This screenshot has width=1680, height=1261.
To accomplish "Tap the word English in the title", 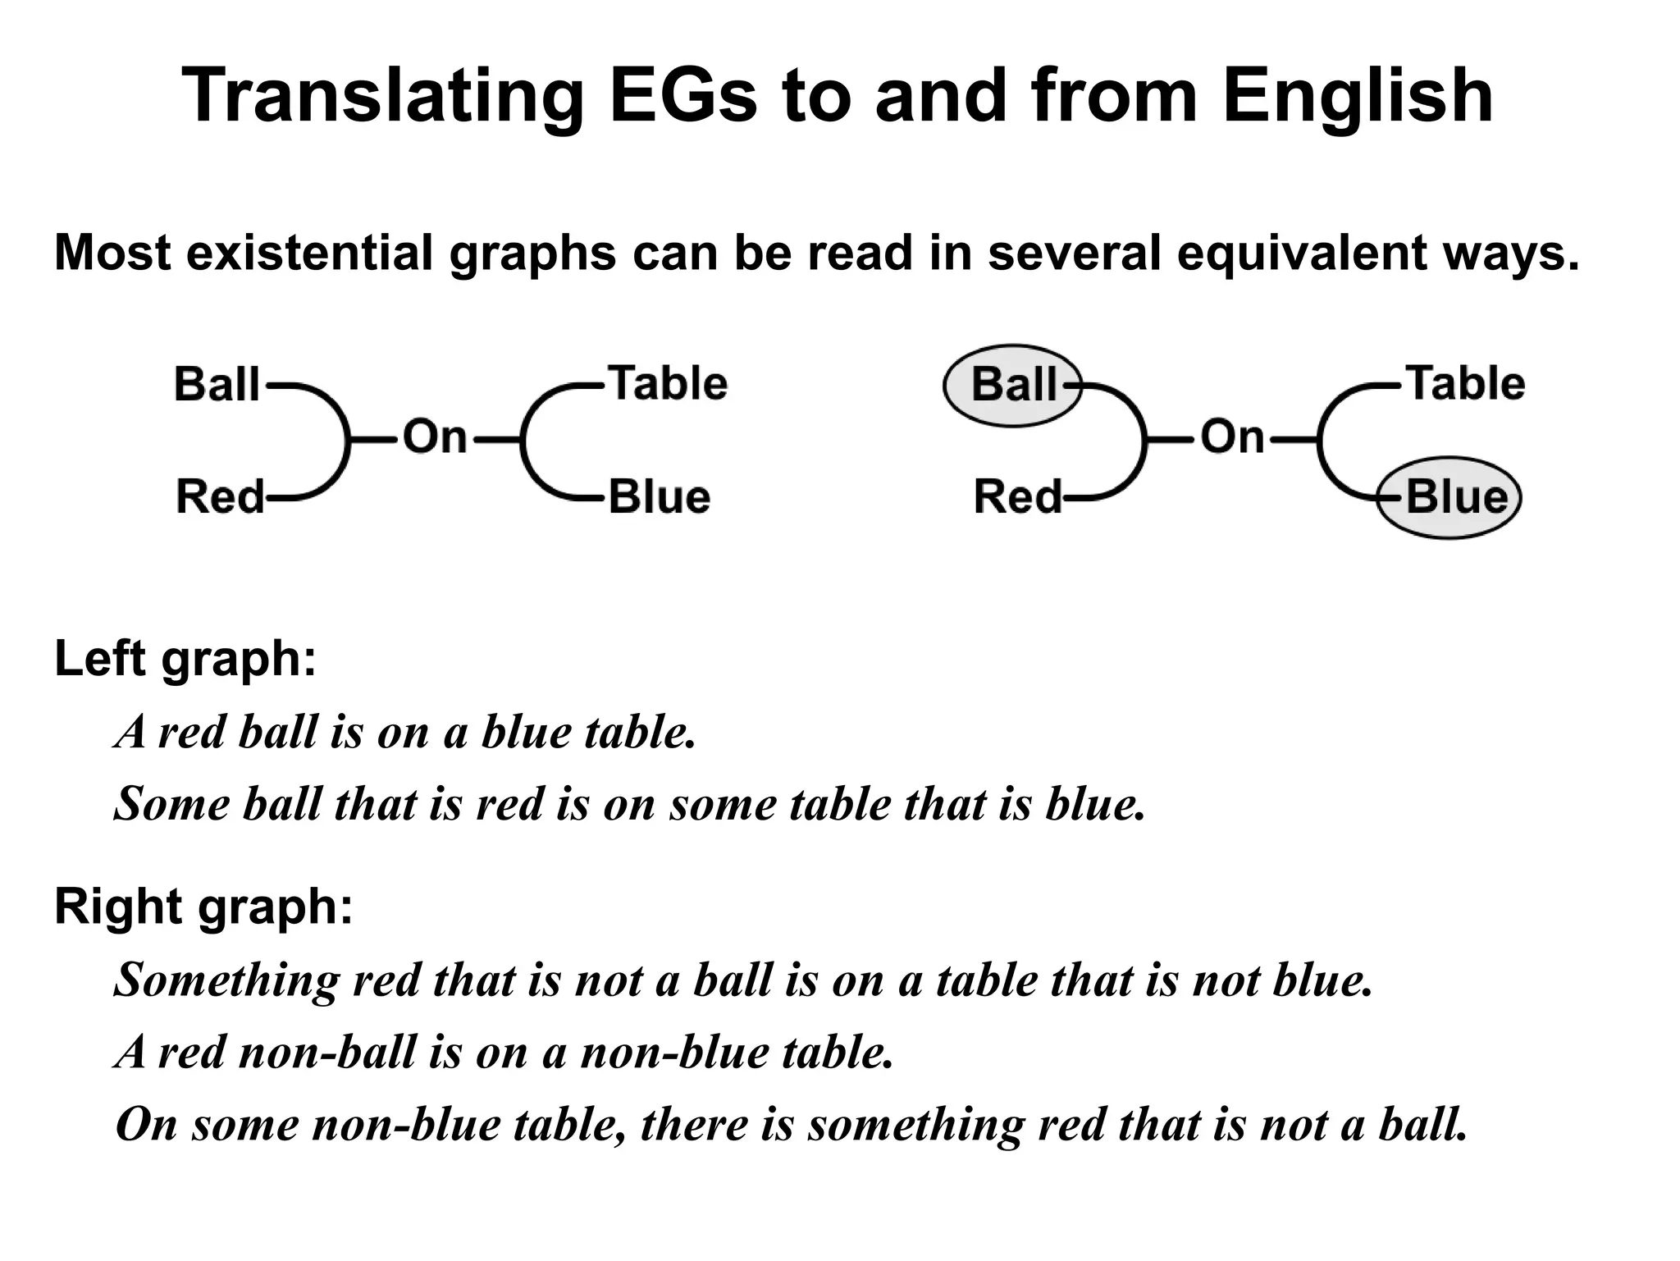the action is coord(1357,97).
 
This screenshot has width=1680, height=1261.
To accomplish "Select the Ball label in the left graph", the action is coord(217,384).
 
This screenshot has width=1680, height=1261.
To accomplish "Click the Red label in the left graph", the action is coord(220,497).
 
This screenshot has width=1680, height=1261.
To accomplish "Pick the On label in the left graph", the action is coord(434,437).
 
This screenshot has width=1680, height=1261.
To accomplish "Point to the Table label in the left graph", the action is coord(668,383).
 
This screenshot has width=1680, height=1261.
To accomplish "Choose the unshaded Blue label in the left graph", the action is coord(659,497).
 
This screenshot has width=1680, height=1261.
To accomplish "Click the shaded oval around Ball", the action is coord(1013,385).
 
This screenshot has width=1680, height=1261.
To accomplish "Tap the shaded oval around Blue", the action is coord(1450,498).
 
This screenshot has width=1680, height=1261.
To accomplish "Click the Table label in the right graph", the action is coord(1466,383).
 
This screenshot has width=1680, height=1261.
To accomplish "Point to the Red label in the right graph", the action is coord(1017,497).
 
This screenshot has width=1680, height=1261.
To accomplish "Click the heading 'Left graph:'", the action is coord(185,658).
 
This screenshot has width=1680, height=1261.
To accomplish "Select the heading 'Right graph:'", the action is coord(203,907).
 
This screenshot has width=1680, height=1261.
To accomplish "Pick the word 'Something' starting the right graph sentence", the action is coord(226,980).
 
